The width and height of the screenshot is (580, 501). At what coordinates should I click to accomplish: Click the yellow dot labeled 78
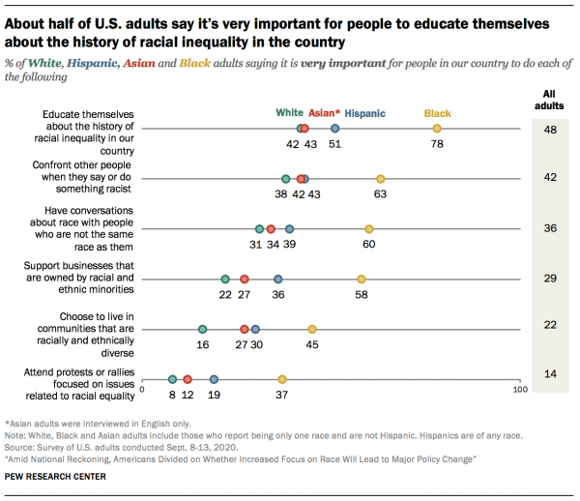pyautogui.click(x=437, y=129)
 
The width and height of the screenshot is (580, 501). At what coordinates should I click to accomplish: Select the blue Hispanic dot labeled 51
pyautogui.click(x=334, y=129)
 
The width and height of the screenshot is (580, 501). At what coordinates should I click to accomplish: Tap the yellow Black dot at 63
pyautogui.click(x=380, y=179)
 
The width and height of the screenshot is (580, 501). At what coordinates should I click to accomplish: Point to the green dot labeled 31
pyautogui.click(x=259, y=229)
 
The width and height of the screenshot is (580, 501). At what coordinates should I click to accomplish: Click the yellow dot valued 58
pyautogui.click(x=361, y=280)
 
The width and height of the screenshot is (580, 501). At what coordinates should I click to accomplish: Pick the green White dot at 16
pyautogui.click(x=202, y=330)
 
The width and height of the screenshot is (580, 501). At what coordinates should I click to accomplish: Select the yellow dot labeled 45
pyautogui.click(x=312, y=330)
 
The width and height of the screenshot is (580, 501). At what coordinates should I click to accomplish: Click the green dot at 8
pyautogui.click(x=172, y=380)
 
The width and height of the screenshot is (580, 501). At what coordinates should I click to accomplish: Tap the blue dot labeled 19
pyautogui.click(x=214, y=380)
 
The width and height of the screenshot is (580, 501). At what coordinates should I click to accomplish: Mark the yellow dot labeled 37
pyautogui.click(x=282, y=380)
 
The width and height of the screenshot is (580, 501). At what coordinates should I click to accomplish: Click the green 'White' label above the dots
pyautogui.click(x=289, y=113)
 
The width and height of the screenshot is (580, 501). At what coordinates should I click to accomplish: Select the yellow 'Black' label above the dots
pyautogui.click(x=437, y=113)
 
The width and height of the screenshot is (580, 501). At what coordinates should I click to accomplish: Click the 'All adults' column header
pyautogui.click(x=549, y=99)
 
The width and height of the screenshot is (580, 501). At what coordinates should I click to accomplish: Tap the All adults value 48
pyautogui.click(x=549, y=129)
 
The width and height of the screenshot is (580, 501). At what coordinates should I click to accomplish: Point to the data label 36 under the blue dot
pyautogui.click(x=277, y=295)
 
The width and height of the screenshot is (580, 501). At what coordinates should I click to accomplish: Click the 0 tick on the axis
pyautogui.click(x=142, y=391)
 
